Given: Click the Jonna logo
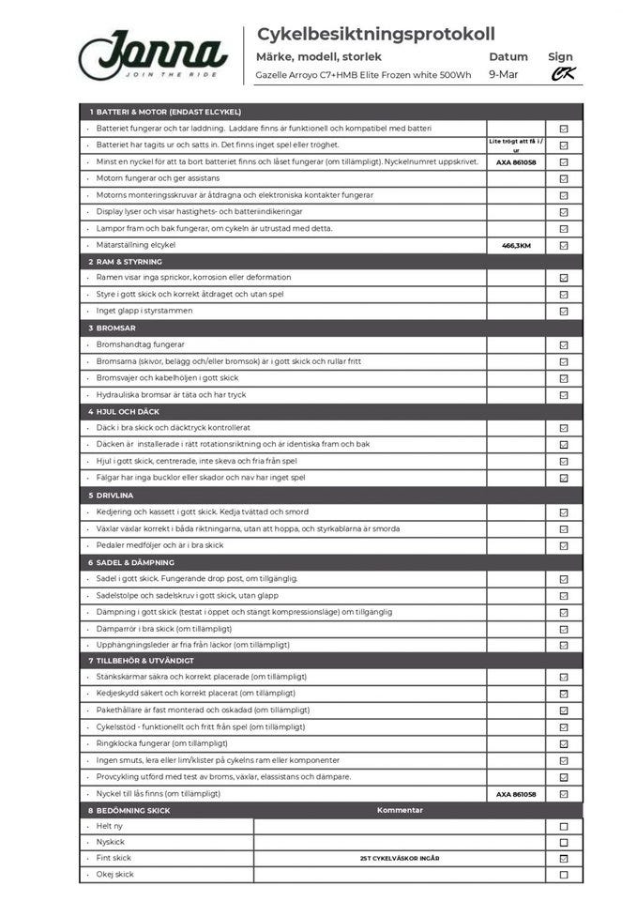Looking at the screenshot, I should [x=152, y=54].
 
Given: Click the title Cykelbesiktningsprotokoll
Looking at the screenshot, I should [x=375, y=35].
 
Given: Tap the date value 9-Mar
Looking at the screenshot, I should [x=504, y=75].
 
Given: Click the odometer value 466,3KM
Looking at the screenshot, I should [x=516, y=245].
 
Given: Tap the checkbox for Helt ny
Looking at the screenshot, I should [x=564, y=827].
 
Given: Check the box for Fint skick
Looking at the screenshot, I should [x=564, y=858].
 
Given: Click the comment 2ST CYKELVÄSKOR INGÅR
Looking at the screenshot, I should [x=400, y=858].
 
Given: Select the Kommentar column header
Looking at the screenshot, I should [x=400, y=810].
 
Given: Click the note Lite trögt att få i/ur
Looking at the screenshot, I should [x=516, y=145].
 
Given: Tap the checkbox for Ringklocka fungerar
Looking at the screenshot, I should [x=564, y=743].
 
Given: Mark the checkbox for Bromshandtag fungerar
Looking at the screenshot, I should [x=564, y=344].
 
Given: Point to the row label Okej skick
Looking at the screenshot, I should [x=115, y=875].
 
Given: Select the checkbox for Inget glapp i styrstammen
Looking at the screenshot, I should [x=564, y=311].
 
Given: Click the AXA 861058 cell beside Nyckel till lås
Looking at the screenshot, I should [x=516, y=794].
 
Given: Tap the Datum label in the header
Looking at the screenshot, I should [x=508, y=56].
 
